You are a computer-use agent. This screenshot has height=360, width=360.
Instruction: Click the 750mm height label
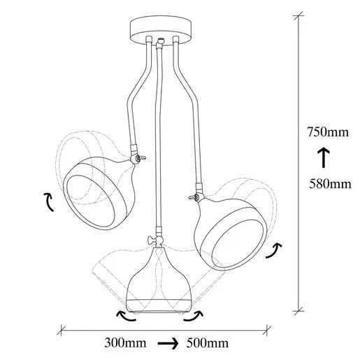[x=328, y=132]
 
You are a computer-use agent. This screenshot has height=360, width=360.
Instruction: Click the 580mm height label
[x=330, y=184]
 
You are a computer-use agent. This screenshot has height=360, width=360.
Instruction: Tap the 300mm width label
[x=125, y=343]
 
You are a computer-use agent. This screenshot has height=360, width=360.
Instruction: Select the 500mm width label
[x=208, y=343]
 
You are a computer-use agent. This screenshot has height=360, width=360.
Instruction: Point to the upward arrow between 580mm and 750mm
[x=324, y=157]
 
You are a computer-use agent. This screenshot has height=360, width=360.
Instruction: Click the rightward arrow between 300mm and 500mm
[x=168, y=343]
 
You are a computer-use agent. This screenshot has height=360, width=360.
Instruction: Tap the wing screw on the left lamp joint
[x=142, y=158]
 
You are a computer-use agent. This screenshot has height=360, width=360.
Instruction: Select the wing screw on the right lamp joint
[x=192, y=198]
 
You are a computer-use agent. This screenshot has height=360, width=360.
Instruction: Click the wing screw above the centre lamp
[x=151, y=240]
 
